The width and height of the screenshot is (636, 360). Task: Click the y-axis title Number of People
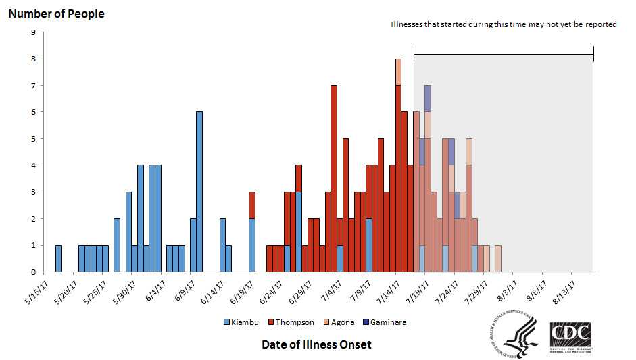(x=56, y=14)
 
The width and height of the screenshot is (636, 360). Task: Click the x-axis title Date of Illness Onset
(x=316, y=344)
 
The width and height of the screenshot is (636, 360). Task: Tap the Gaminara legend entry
(x=387, y=322)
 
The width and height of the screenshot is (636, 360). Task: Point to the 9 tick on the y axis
(x=33, y=32)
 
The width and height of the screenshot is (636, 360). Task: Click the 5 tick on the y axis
(x=33, y=139)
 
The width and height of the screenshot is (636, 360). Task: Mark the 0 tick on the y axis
(x=33, y=272)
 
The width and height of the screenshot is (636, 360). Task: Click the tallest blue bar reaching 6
(x=199, y=192)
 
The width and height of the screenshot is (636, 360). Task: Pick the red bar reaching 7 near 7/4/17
(x=334, y=176)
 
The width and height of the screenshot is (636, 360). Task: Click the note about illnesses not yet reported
(x=504, y=24)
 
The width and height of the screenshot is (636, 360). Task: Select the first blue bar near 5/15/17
(x=58, y=259)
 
